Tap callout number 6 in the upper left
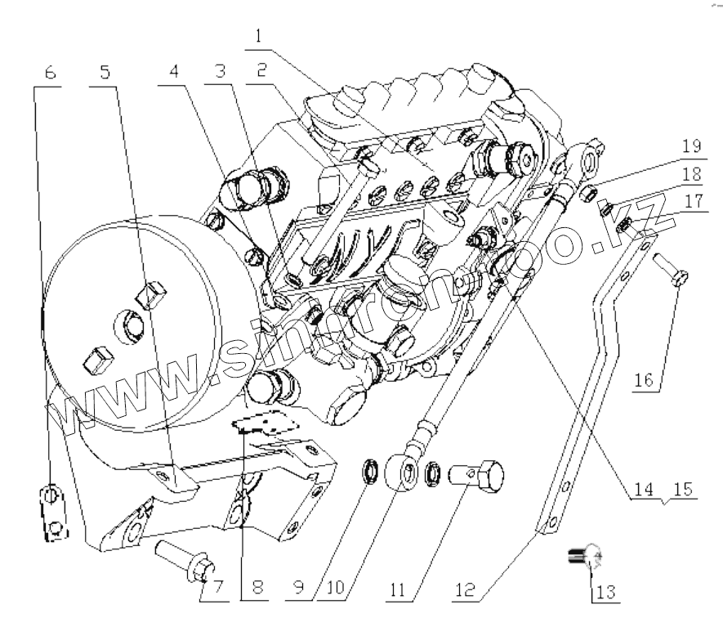tap(51, 73)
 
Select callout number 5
tap(103, 73)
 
